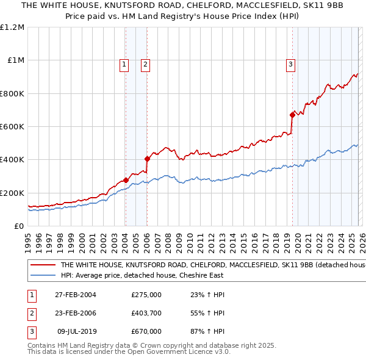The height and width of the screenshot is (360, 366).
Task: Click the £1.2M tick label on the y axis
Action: coord(12,27)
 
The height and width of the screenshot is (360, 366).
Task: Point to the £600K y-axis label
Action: coord(12,127)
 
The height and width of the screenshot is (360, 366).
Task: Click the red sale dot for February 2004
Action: coord(126,180)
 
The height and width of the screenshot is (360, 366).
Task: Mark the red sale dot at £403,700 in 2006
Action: coord(147,159)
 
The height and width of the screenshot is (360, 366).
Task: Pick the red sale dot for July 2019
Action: coord(292,115)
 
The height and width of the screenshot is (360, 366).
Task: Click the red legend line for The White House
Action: coord(43,265)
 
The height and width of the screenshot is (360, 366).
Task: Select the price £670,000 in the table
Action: coord(146,331)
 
